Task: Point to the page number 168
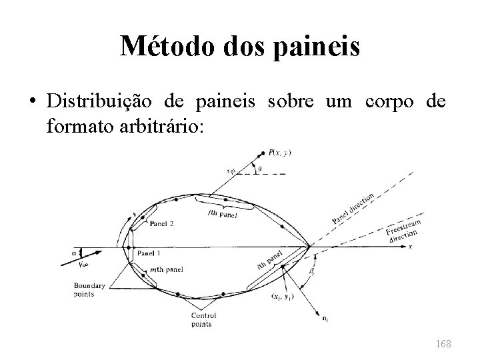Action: pos(442,343)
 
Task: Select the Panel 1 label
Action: pos(149,254)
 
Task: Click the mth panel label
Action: pos(167,269)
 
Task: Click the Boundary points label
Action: pos(90,290)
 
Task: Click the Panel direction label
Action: pos(354,207)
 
